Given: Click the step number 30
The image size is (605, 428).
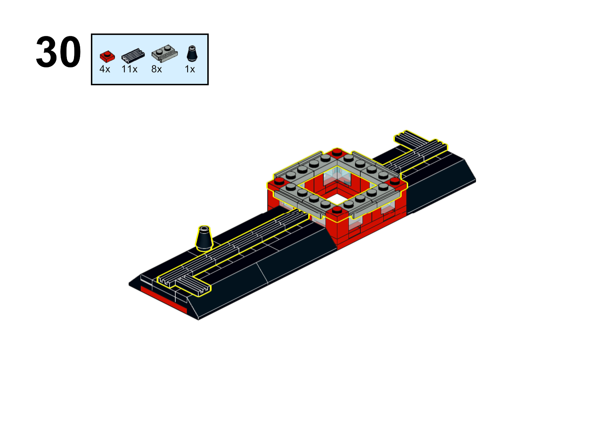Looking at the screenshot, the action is tap(58, 52).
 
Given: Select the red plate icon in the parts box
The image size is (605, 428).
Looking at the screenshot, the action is tap(107, 56).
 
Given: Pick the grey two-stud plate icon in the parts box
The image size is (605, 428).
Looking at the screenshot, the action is tap(165, 53).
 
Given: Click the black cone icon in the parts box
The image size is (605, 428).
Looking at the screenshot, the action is tap(192, 53).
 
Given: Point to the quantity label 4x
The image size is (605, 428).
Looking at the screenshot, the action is tap(105, 69).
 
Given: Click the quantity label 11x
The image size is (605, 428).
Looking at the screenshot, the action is tap(129, 69).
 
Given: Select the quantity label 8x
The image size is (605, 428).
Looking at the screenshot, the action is tap(156, 69).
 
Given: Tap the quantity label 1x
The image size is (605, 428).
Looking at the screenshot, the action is tap(190, 69).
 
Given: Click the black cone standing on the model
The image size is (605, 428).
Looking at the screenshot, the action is tap(204, 238).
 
